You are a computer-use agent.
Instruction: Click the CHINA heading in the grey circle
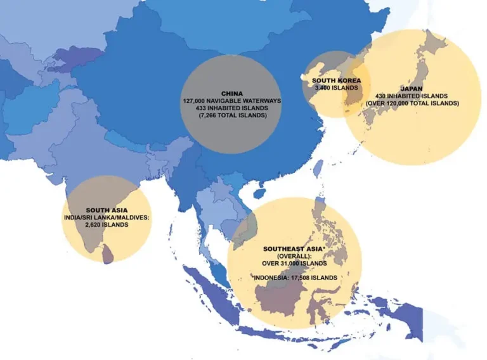pyautogui.click(x=231, y=93)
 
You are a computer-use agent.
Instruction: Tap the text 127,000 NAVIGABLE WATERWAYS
pyautogui.click(x=231, y=101)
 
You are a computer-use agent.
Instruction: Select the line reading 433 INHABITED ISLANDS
pyautogui.click(x=231, y=108)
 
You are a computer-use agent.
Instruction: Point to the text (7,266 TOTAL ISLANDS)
pyautogui.click(x=231, y=116)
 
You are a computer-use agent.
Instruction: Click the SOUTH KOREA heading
pyautogui.click(x=336, y=80)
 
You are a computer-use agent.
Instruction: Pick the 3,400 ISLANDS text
pyautogui.click(x=336, y=87)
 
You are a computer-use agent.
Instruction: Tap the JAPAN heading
pyautogui.click(x=412, y=88)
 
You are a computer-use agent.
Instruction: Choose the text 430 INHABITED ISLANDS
pyautogui.click(x=412, y=96)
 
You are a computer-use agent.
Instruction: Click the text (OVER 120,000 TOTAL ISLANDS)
pyautogui.click(x=412, y=103)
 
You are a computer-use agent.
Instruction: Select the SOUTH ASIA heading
pyautogui.click(x=107, y=210)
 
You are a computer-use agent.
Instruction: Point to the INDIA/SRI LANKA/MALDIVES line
pyautogui.click(x=107, y=217)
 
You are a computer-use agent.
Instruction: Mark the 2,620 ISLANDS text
pyautogui.click(x=107, y=224)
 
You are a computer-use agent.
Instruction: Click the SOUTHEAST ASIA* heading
pyautogui.click(x=294, y=248)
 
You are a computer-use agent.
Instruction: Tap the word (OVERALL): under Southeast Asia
pyautogui.click(x=294, y=255)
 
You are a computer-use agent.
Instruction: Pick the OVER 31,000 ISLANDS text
pyautogui.click(x=294, y=262)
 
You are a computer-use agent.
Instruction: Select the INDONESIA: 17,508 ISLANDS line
pyautogui.click(x=294, y=278)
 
